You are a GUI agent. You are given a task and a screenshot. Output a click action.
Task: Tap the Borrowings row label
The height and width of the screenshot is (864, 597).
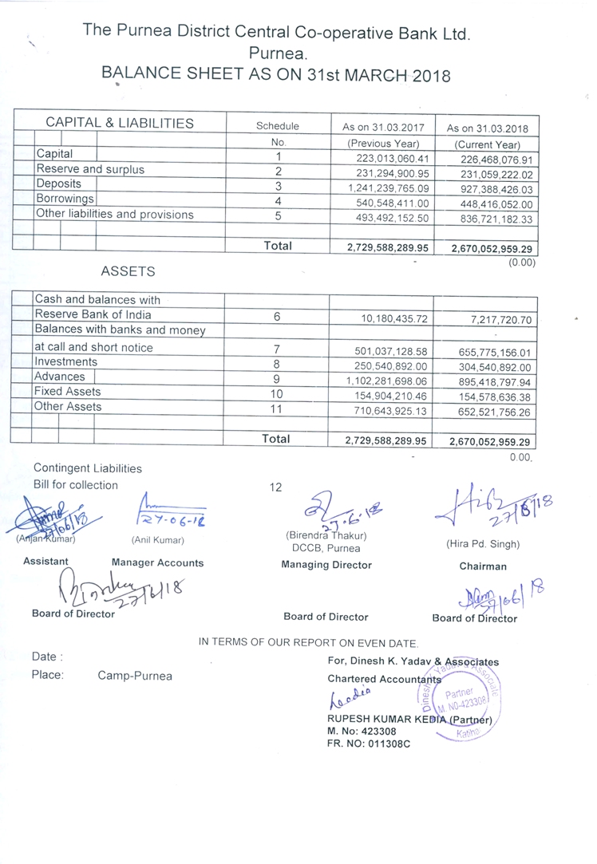point(65,199)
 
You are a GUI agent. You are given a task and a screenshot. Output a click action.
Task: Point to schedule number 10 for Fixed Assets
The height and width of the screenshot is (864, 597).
point(277,393)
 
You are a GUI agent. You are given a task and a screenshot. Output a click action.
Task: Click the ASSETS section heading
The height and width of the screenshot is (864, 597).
point(128,271)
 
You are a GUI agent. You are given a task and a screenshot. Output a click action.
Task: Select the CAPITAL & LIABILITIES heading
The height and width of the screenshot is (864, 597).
point(119,123)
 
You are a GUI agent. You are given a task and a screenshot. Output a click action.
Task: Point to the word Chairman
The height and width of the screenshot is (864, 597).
point(483,566)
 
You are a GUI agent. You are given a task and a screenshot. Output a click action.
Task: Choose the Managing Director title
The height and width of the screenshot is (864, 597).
point(326,565)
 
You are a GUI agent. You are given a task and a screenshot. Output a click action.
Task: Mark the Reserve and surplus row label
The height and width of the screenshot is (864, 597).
point(90,169)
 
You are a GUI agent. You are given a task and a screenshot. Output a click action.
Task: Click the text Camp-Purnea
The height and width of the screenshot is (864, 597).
point(135,676)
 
